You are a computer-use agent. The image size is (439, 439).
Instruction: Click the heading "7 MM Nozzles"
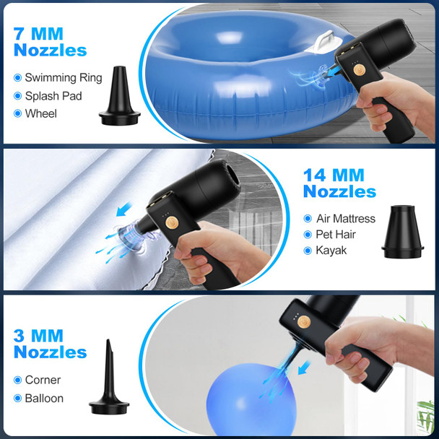pos(50,41)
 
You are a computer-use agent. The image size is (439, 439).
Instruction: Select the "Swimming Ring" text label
pos(64,78)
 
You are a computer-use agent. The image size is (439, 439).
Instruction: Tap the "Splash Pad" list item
pos(53,96)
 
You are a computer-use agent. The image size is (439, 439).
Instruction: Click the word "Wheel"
pos(40,113)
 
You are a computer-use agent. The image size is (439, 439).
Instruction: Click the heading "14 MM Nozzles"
pos(339,183)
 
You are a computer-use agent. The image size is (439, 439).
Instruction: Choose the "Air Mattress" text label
pos(346,219)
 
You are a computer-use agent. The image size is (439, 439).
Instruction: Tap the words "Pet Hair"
pos(336,235)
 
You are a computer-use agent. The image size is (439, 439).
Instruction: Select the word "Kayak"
pos(331,251)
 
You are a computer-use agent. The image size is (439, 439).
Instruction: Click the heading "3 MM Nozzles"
pos(50,344)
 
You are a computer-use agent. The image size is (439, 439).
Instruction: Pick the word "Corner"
pos(43,381)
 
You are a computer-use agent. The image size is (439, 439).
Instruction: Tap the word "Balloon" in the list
pos(44,399)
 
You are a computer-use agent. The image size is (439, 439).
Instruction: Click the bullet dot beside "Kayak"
pos(308,251)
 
